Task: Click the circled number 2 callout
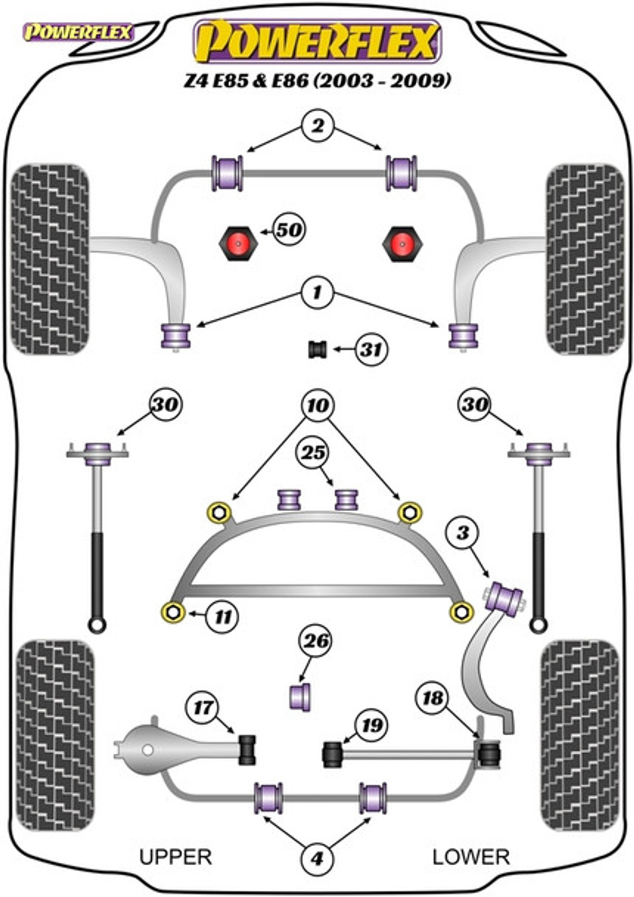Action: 318,126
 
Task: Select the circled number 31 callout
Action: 372,349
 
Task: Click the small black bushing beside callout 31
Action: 318,349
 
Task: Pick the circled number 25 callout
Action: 313,453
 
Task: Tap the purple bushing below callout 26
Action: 300,698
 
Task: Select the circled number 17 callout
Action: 202,708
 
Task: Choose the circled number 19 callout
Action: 371,725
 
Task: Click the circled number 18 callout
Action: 433,698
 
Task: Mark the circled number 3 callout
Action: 463,533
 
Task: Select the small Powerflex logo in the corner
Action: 78,33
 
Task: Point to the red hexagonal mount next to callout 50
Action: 238,244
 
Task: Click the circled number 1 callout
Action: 318,293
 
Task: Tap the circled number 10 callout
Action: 318,406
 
